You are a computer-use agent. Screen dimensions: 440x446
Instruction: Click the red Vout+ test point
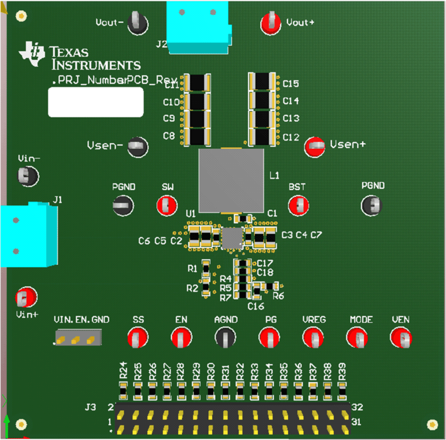[x=271, y=24]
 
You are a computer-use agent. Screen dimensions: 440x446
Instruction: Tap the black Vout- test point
[x=138, y=24]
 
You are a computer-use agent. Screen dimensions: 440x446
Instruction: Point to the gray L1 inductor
[x=231, y=181]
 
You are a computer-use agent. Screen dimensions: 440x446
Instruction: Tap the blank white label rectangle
[x=96, y=102]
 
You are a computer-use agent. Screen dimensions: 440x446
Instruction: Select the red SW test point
[x=167, y=206]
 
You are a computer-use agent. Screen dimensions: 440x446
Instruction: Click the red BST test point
[x=298, y=206]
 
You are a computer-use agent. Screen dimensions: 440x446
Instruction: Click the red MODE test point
[x=357, y=338]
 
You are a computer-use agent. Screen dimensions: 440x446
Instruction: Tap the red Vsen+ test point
[x=315, y=146]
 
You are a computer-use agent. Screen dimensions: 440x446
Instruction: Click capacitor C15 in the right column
[x=262, y=82]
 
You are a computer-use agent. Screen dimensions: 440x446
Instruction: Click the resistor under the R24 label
[x=123, y=391]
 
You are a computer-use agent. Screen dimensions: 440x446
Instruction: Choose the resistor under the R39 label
[x=342, y=391]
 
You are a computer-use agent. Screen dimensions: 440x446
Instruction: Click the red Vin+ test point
[x=26, y=297]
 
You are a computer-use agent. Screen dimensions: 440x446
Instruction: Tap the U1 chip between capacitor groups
[x=232, y=238]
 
